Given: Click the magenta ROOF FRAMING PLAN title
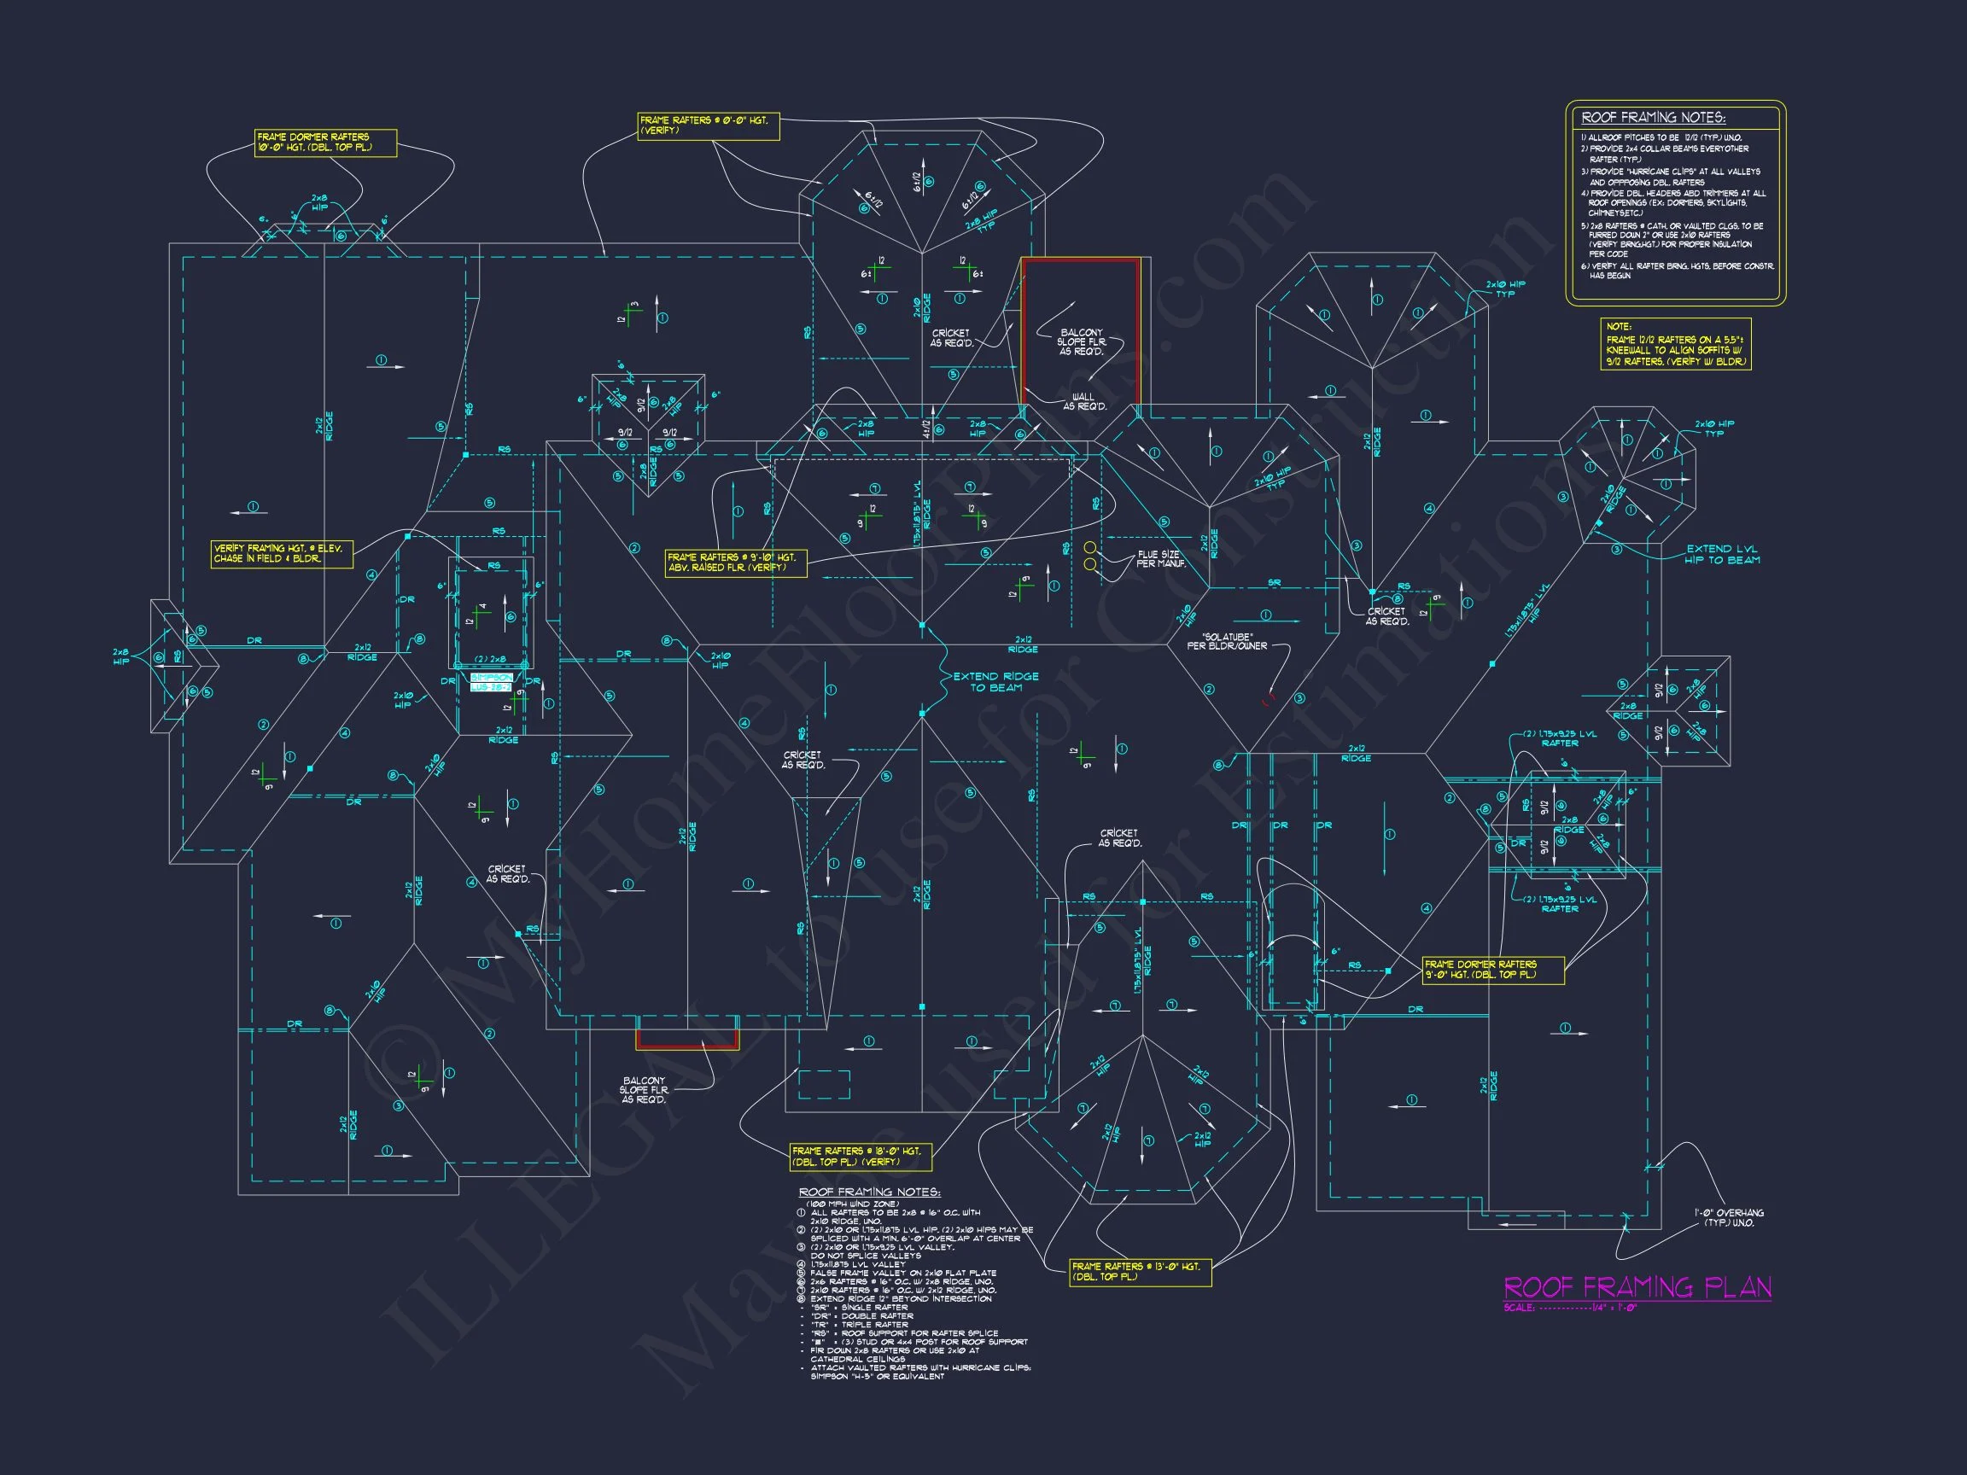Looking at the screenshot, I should tap(1637, 1286).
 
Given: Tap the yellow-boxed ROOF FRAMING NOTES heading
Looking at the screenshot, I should tap(1652, 117).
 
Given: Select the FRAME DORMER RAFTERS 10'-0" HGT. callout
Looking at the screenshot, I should tap(325, 143).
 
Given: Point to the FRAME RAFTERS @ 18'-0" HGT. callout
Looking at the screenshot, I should tap(860, 1156).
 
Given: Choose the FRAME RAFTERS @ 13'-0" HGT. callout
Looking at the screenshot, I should tap(1140, 1271).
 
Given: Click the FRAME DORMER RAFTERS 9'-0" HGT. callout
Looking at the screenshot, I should tap(1492, 969).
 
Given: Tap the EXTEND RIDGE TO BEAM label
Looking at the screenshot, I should tap(995, 682).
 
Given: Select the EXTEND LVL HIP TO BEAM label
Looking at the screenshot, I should tap(1723, 554).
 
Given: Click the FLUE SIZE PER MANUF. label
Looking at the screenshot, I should tap(1160, 559).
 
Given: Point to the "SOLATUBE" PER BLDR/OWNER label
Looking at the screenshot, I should tap(1226, 641).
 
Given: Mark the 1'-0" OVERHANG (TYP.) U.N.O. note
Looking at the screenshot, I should tap(1728, 1217).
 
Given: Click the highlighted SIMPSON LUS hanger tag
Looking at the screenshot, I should tap(491, 683).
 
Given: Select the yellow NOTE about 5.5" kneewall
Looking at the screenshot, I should tap(1675, 344).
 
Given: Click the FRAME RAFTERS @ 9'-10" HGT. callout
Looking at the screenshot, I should tap(736, 563).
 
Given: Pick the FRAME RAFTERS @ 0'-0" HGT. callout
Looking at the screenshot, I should tap(708, 125).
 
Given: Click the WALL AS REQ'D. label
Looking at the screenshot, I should tap(1084, 402).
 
